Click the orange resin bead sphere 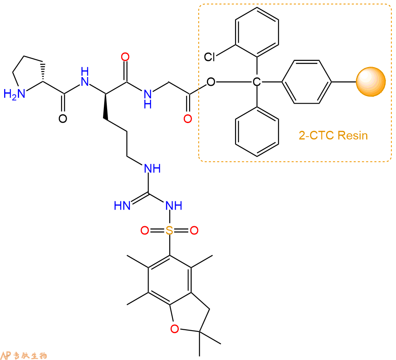[371, 82]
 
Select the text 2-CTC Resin [333, 135]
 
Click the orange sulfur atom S [169, 230]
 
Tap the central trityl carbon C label [257, 82]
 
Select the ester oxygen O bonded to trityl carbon [211, 82]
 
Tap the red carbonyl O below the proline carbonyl [63, 120]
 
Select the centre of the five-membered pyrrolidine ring [30, 76]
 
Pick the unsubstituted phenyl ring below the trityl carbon [257, 131]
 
